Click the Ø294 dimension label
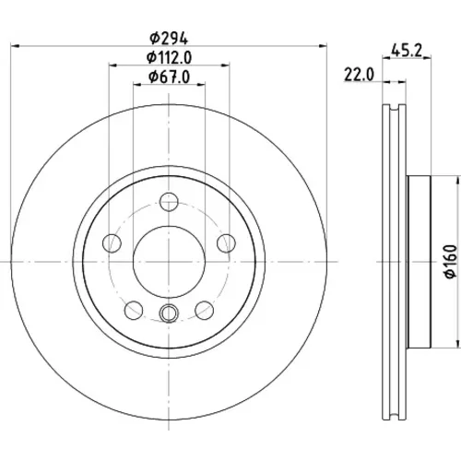[x=169, y=39]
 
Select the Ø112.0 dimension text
[x=169, y=57]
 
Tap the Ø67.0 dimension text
[x=169, y=77]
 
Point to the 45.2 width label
[x=407, y=50]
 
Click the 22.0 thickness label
[x=359, y=75]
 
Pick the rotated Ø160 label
[x=451, y=262]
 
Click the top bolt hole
[x=169, y=202]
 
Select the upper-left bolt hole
[x=112, y=243]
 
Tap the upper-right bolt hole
[x=226, y=243]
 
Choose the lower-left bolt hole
[x=134, y=310]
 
